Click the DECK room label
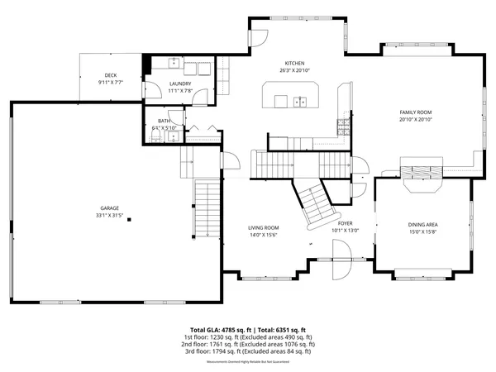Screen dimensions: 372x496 pos(110,75)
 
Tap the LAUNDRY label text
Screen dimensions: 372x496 pos(180,83)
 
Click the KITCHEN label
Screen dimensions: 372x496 pos(295,64)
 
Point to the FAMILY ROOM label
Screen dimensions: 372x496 pos(416,112)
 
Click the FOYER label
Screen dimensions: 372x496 pos(346,223)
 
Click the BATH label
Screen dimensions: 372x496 pos(165,121)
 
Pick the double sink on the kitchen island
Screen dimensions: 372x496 pos(298,102)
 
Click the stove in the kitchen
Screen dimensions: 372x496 pos(341,126)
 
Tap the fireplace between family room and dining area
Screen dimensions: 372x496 pos(422,173)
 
